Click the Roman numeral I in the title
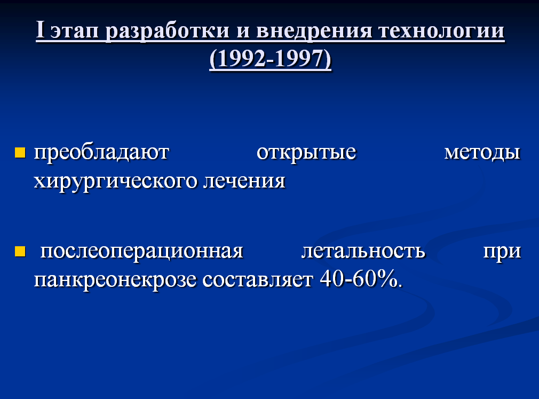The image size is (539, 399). tap(40, 30)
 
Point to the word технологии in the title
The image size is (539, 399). tap(441, 32)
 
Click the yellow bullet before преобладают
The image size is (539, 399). tap(20, 152)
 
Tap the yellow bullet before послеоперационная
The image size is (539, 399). tap(20, 252)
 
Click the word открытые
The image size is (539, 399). tap(306, 153)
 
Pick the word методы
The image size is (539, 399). tap(482, 153)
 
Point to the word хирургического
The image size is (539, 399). tap(115, 182)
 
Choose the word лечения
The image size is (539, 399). tap(244, 181)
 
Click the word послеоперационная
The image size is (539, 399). tap(141, 252)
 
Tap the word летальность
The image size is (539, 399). tap(363, 252)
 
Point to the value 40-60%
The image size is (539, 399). tap(361, 279)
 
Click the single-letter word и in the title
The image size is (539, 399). tap(243, 32)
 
